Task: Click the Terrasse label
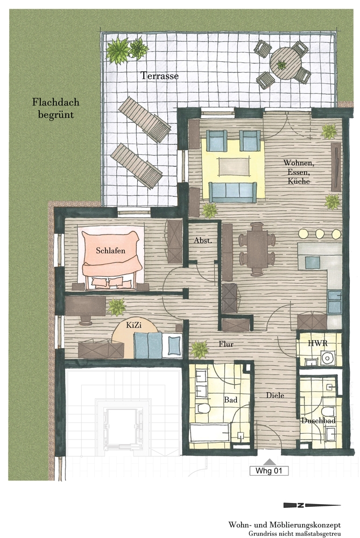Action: click(160, 75)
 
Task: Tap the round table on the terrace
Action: click(286, 63)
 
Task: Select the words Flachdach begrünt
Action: click(55, 108)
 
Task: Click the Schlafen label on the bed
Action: click(110, 251)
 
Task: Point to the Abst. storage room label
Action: click(203, 240)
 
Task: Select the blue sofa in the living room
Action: click(232, 192)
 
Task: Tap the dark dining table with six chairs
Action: click(257, 249)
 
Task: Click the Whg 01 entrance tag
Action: click(269, 471)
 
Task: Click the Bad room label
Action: click(231, 400)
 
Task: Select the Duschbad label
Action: click(318, 421)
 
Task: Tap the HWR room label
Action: click(317, 343)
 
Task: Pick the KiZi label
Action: click(134, 324)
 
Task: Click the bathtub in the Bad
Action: click(210, 433)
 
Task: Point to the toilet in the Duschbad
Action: click(328, 411)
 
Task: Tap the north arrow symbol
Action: click(312, 505)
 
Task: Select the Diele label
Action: click(275, 395)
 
